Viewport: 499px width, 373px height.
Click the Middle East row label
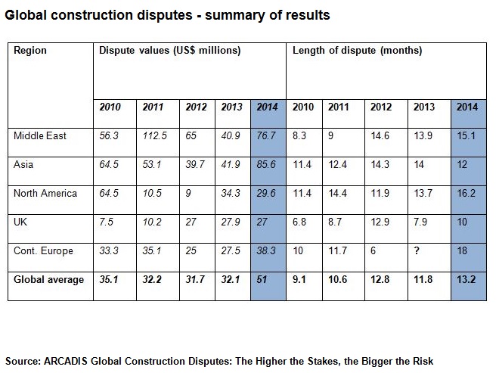point(40,136)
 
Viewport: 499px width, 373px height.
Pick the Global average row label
point(48,280)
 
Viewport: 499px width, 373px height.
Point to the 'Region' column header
point(30,51)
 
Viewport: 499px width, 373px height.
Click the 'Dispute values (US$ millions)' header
point(170,51)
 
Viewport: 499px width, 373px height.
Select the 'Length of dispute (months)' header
point(357,51)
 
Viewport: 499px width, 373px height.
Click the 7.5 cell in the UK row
point(107,222)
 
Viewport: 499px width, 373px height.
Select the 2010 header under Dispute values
point(110,107)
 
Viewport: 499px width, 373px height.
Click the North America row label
point(45,194)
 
